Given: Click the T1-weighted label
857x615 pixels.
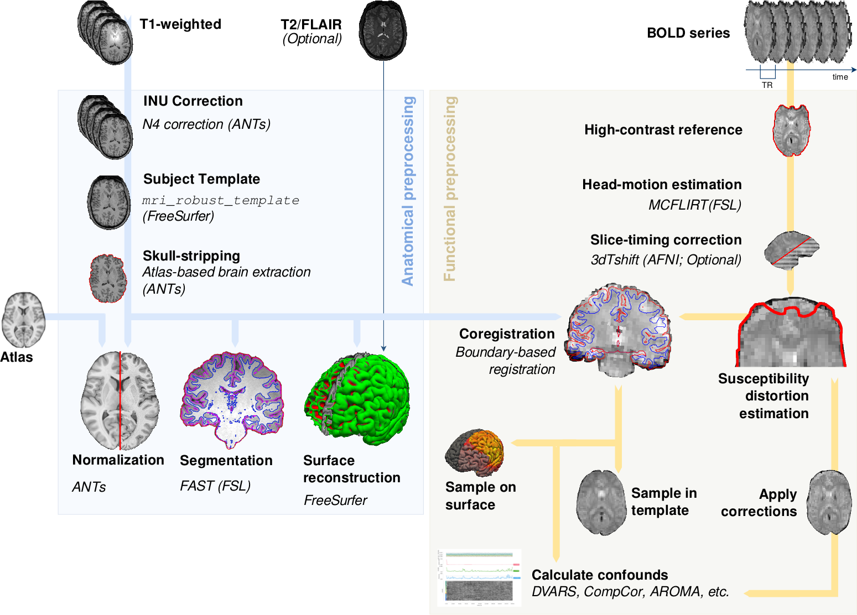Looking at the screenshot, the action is (x=180, y=24).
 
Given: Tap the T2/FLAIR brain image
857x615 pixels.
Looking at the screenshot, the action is (x=383, y=30).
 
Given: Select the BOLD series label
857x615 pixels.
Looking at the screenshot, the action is (x=688, y=33).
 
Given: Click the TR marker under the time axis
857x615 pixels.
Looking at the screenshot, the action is (x=767, y=85).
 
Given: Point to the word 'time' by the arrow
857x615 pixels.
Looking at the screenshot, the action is (x=840, y=77).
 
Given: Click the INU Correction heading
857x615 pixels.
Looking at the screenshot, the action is (x=193, y=101).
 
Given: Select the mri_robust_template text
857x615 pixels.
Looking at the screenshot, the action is (x=221, y=200).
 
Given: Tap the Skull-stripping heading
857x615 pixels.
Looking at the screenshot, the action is (x=191, y=256).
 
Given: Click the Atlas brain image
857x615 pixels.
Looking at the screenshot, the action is (x=24, y=319).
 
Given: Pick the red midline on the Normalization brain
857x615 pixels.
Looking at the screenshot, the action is (x=120, y=400).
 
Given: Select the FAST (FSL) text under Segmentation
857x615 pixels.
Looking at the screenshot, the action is (x=215, y=486).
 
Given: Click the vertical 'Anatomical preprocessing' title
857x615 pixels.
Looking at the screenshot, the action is (x=408, y=191).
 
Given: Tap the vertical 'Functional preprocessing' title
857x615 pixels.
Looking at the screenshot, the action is (x=450, y=189).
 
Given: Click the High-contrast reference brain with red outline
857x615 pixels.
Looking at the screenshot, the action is (x=792, y=130).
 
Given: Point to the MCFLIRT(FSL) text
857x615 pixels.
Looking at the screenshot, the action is (x=695, y=205).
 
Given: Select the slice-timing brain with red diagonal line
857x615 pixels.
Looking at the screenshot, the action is (x=792, y=251).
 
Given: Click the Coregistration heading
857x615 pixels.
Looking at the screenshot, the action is (x=507, y=334).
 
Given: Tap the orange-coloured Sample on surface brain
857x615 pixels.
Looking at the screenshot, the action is (x=474, y=453).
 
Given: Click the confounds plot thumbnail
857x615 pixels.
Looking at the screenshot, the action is (x=479, y=578).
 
